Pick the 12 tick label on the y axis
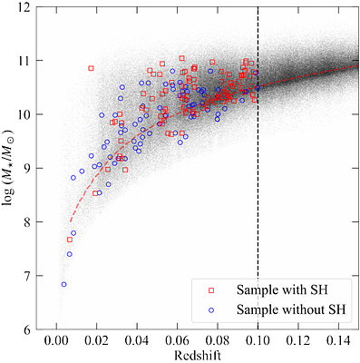pos(29,8)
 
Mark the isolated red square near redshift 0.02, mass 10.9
pos(91,68)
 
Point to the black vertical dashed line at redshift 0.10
pos(258,181)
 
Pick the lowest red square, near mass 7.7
pos(70,240)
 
